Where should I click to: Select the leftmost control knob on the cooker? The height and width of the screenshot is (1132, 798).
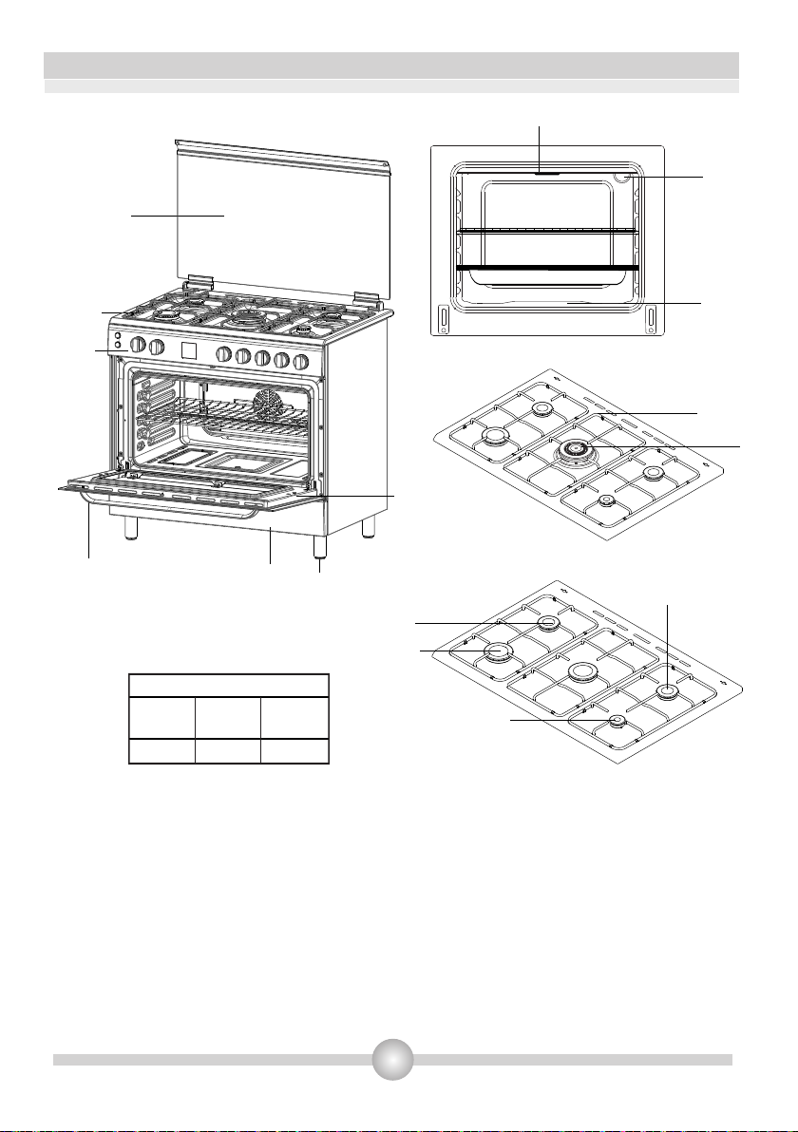coord(138,345)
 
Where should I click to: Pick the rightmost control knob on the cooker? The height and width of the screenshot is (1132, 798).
coord(302,361)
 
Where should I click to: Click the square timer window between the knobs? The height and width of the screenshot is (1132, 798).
coord(187,351)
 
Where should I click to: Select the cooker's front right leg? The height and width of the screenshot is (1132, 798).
coord(320,548)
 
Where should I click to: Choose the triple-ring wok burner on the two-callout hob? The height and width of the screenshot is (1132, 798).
coord(575,450)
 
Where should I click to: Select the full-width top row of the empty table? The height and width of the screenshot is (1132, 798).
coord(229,687)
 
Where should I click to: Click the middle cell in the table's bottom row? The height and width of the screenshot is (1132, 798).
coord(228,752)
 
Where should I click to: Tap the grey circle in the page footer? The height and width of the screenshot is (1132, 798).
coord(392,1059)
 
